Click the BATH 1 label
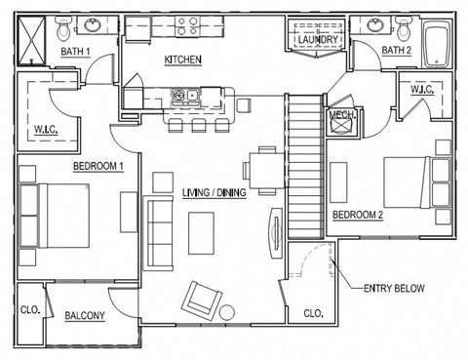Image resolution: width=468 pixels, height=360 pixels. click(x=75, y=51)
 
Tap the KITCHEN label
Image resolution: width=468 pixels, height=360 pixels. click(x=182, y=60)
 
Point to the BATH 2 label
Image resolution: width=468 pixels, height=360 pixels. click(x=397, y=51)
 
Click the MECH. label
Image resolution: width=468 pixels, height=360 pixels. click(x=341, y=114)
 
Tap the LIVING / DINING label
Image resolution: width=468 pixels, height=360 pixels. click(x=214, y=193)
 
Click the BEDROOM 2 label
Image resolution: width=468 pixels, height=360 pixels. click(x=358, y=215)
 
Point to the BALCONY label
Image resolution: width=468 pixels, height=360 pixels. click(x=85, y=316)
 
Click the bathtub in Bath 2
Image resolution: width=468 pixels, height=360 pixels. click(x=435, y=42)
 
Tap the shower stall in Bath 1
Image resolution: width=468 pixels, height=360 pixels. click(x=35, y=41)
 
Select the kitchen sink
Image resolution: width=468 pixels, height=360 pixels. click(x=184, y=96)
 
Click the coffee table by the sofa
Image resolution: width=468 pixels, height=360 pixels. click(x=203, y=232)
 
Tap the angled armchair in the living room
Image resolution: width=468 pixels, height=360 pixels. click(x=203, y=298)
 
